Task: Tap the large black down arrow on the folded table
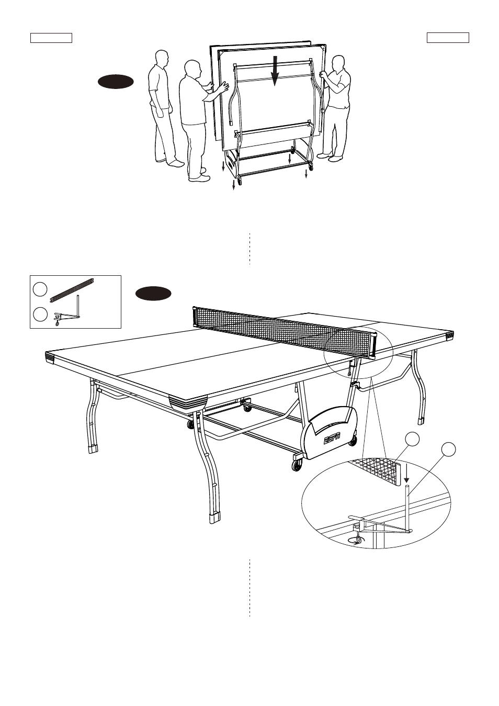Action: click(275, 71)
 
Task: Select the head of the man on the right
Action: click(338, 63)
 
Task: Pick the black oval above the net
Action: click(153, 294)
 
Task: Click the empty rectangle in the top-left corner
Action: click(51, 38)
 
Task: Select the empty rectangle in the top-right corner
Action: click(448, 38)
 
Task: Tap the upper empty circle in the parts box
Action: click(40, 289)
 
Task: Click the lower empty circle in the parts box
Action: click(40, 314)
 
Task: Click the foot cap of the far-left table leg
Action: click(93, 449)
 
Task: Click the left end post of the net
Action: click(194, 317)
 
